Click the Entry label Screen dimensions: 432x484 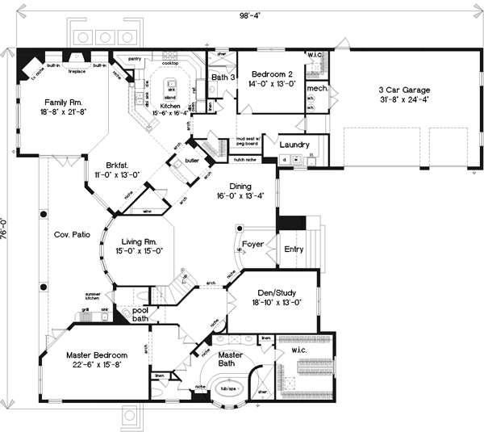point(294,249)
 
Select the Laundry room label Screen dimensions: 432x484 point(295,145)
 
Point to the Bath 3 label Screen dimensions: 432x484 point(222,78)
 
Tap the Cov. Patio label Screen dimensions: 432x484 point(70,234)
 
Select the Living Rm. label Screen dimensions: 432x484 point(143,241)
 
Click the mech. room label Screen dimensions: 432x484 point(316,87)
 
